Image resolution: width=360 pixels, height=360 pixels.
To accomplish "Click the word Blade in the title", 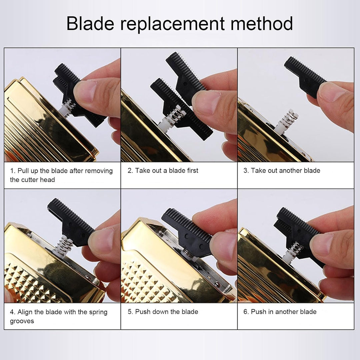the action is pyautogui.click(x=90, y=23).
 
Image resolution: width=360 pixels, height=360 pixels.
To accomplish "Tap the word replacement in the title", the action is pyautogui.click(x=172, y=24).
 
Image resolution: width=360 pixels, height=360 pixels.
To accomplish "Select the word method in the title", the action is pyautogui.click(x=262, y=23).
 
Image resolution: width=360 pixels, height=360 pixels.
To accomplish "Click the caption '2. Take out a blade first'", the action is pyautogui.click(x=163, y=171).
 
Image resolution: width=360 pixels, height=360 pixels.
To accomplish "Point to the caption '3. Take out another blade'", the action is pyautogui.click(x=282, y=171).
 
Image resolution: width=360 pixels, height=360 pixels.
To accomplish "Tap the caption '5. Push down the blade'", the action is pyautogui.click(x=163, y=312).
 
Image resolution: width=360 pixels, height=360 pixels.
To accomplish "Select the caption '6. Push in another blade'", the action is pyautogui.click(x=280, y=312).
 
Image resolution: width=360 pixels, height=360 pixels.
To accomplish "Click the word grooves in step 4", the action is pyautogui.click(x=22, y=321).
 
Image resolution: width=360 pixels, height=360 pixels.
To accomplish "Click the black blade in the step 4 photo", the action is pyautogui.click(x=70, y=222).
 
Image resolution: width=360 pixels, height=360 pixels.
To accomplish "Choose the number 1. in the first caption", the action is pyautogui.click(x=13, y=171).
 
